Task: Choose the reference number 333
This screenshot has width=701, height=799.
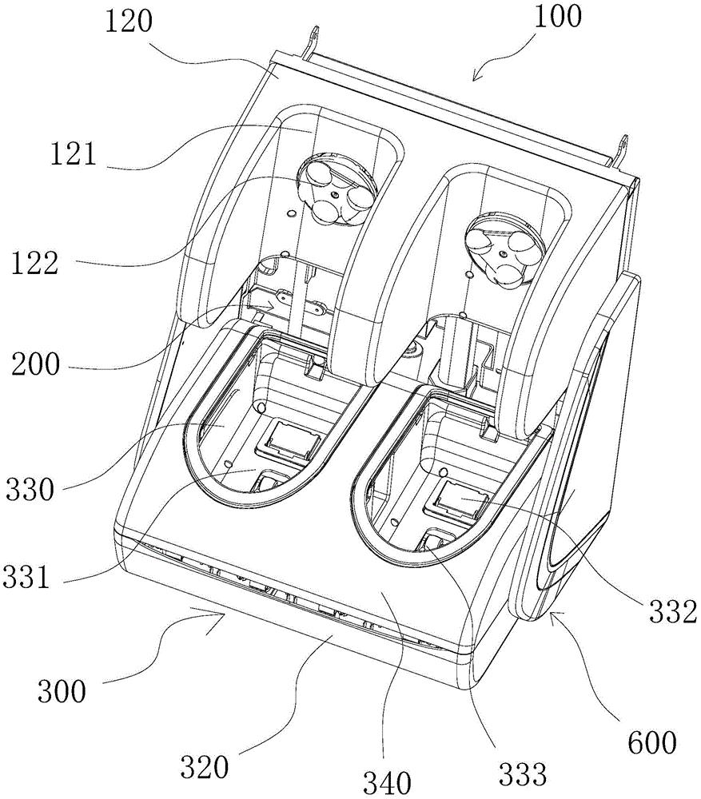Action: (x=523, y=773)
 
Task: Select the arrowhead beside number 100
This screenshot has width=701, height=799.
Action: (x=475, y=77)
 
